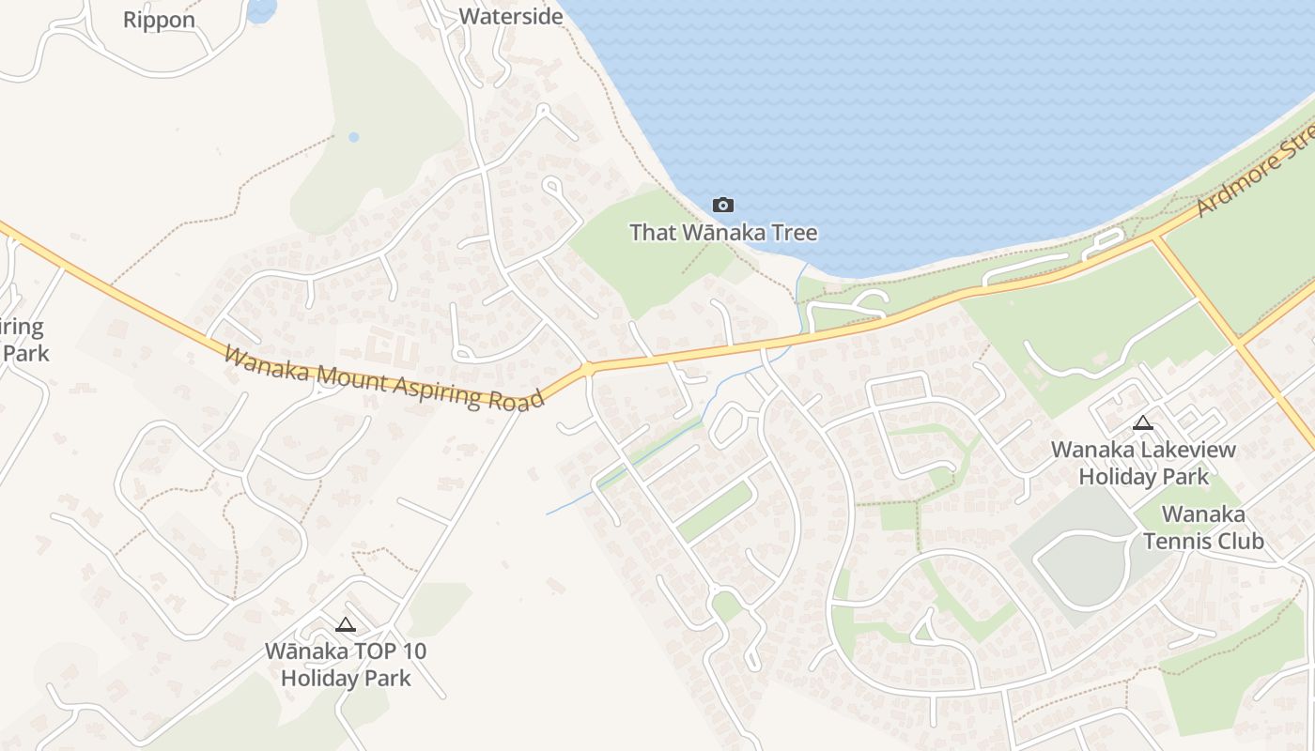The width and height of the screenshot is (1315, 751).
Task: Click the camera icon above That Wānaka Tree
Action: point(722,205)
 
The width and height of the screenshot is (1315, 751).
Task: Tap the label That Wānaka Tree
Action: point(722,233)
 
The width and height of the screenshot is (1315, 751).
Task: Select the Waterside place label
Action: point(511,16)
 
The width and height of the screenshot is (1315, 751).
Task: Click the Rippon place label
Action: point(159,20)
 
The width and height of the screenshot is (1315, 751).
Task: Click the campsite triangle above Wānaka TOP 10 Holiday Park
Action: point(346,624)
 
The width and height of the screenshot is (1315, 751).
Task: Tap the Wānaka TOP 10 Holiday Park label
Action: point(346,664)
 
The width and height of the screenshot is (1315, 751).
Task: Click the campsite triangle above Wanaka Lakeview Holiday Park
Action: point(1142,422)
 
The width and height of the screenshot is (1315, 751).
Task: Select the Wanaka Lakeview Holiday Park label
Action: point(1143,463)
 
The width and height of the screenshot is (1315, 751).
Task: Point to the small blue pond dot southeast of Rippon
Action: point(353,137)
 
